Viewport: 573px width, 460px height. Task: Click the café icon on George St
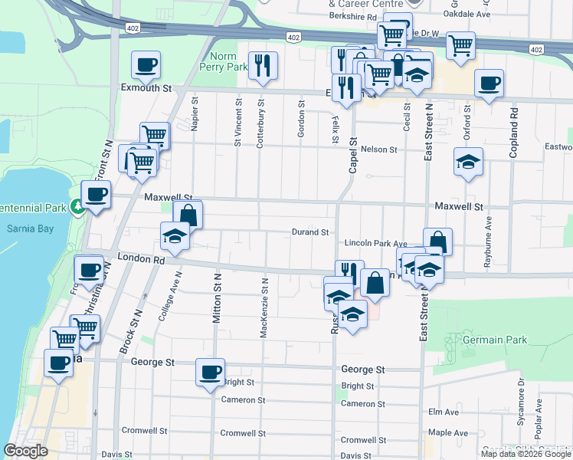(x=210, y=373)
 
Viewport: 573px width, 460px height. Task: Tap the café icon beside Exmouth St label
(x=146, y=65)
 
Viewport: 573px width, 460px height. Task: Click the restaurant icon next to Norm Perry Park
(x=264, y=67)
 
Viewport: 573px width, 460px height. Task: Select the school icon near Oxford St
(x=467, y=163)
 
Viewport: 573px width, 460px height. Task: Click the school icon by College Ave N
(x=175, y=236)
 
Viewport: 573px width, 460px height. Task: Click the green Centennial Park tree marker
(x=77, y=206)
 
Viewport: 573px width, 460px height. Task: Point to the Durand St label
(x=310, y=232)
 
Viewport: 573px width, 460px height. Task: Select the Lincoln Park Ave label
(x=375, y=243)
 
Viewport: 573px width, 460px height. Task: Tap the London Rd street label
(x=149, y=260)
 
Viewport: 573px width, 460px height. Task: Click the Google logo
(x=25, y=451)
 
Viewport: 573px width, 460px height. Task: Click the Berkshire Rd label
(x=352, y=16)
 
